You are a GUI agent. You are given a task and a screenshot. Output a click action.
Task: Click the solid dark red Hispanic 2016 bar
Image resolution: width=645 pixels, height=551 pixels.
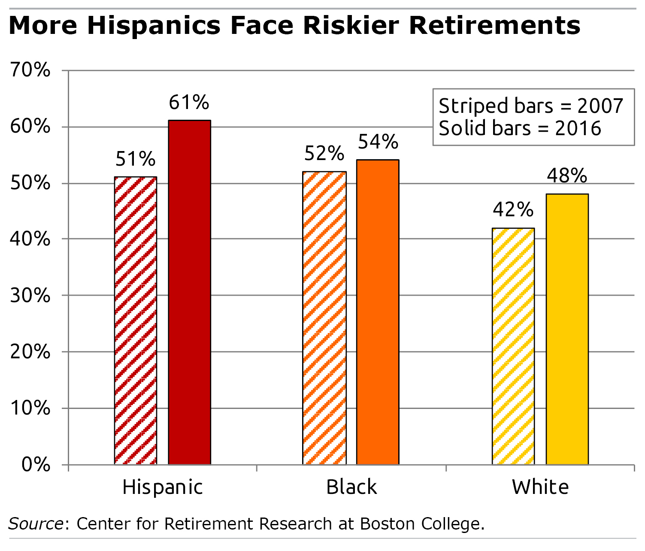(189, 292)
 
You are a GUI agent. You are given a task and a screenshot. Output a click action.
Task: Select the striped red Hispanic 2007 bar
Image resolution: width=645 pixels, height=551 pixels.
(136, 320)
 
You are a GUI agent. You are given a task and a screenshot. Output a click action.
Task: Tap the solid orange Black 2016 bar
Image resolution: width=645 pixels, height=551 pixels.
(378, 312)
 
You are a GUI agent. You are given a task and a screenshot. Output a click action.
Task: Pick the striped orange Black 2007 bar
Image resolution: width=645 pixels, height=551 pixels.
(324, 318)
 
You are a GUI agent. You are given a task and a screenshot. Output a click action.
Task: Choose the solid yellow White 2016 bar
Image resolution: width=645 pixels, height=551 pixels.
(567, 329)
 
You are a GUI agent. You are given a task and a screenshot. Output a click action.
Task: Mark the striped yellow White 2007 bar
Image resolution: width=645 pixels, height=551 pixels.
(513, 346)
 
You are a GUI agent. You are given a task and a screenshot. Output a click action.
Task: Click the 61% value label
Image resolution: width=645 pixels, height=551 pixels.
(189, 103)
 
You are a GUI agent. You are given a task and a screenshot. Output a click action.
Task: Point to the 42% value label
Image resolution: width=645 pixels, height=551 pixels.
(513, 210)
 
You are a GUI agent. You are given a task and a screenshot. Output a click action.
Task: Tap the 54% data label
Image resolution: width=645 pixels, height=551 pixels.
(378, 142)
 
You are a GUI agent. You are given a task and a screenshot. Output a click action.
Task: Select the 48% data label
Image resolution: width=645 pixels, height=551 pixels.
(567, 176)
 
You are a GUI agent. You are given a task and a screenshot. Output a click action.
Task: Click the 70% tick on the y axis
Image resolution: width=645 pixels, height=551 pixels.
(30, 70)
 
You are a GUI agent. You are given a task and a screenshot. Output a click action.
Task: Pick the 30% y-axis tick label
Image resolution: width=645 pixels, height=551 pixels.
(30, 295)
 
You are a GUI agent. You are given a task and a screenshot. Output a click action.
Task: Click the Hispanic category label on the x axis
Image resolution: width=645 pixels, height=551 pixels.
(163, 487)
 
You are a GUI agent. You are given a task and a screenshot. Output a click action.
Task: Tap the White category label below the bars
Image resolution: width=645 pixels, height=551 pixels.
(540, 487)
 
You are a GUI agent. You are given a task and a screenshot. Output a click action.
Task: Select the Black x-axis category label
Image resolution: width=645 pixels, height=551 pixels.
(351, 487)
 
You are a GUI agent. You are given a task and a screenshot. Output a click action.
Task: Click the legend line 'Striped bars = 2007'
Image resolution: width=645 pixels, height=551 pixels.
(531, 106)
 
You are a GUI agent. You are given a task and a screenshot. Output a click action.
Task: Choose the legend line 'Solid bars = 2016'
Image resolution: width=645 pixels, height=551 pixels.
(520, 128)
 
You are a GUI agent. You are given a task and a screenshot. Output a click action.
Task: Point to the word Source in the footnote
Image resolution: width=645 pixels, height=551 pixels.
(36, 524)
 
